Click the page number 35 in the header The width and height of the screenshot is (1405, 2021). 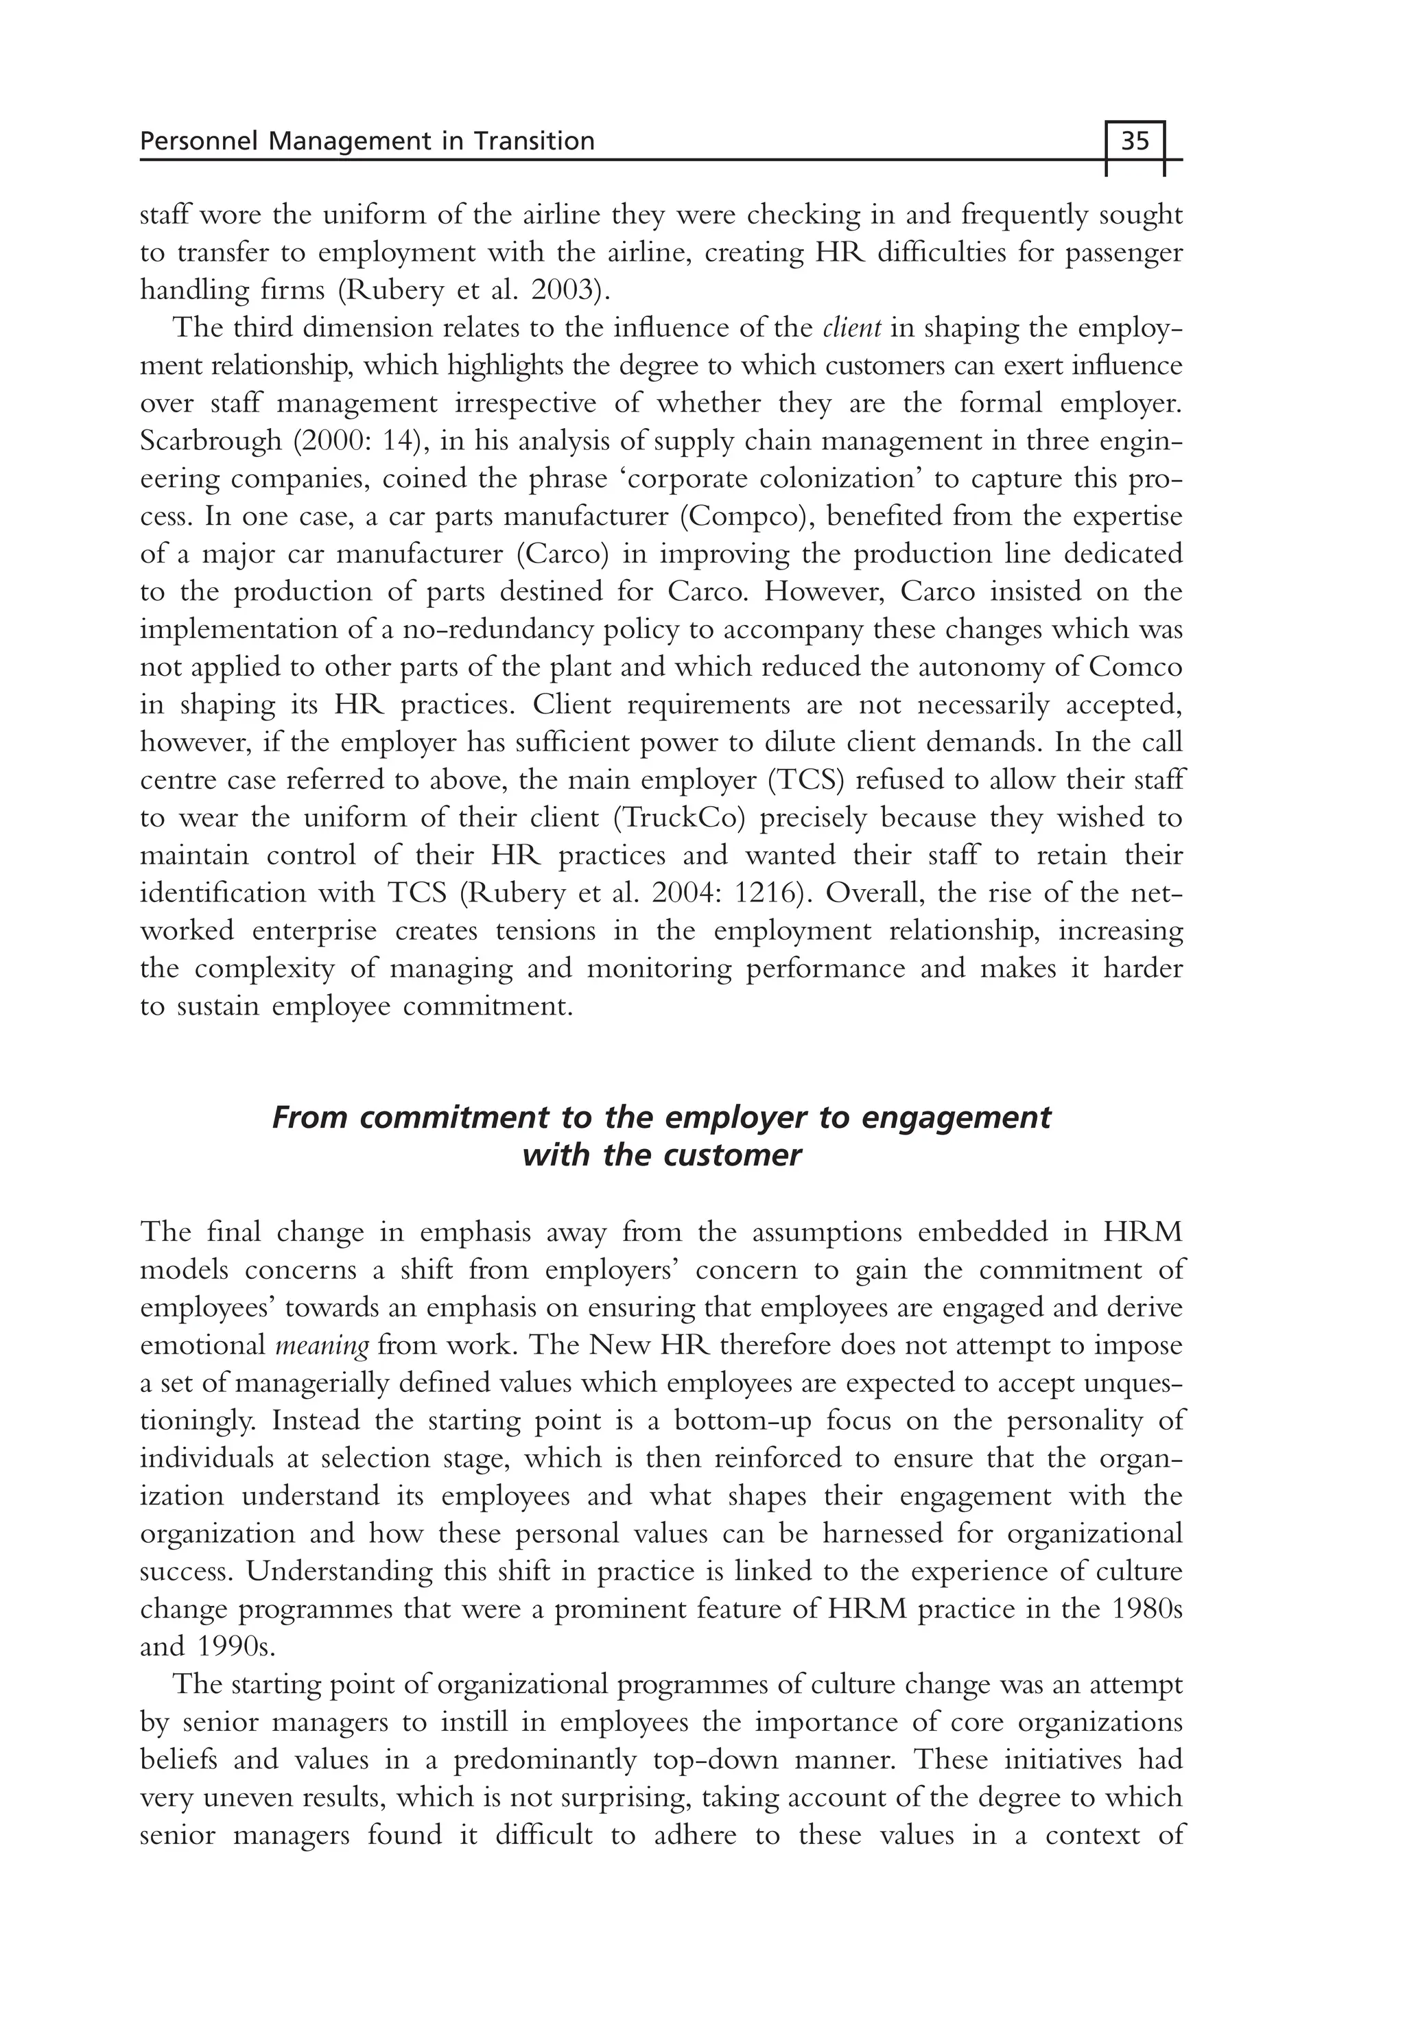click(1135, 141)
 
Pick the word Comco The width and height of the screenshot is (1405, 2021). click(1135, 668)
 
